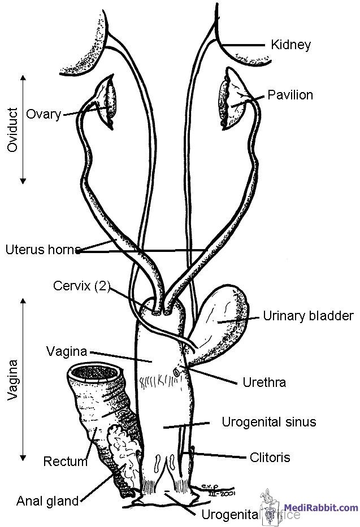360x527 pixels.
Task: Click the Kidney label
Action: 290,45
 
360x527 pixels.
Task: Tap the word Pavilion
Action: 290,94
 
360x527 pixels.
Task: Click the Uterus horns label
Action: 41,249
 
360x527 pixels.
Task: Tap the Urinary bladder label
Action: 308,316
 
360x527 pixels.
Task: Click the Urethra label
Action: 264,382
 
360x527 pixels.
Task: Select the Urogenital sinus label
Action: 268,422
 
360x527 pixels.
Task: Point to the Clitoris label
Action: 270,457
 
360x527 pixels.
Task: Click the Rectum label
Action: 65,461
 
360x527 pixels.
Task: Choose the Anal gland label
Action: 47,500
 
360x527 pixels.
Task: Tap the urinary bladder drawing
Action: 223,322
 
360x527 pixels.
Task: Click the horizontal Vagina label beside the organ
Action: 66,351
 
